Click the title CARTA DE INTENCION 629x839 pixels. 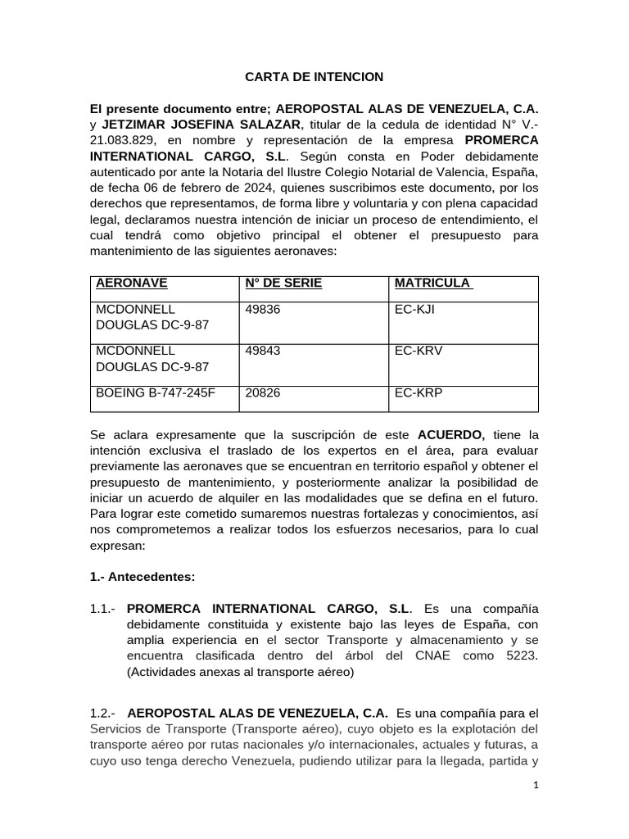point(314,77)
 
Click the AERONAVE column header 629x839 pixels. point(132,283)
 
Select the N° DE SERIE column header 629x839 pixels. point(283,283)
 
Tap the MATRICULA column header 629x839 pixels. point(432,283)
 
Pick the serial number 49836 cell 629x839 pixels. point(262,310)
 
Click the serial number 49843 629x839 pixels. point(262,351)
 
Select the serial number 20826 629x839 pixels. point(262,392)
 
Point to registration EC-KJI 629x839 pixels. point(417,310)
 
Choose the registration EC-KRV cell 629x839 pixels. point(419,351)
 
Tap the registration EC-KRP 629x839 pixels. point(419,392)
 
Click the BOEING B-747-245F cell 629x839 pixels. point(156,392)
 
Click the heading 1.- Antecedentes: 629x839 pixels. point(143,576)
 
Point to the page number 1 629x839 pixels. point(536,785)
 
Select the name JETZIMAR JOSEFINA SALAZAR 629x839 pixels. point(201,124)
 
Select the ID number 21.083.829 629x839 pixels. point(124,139)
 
